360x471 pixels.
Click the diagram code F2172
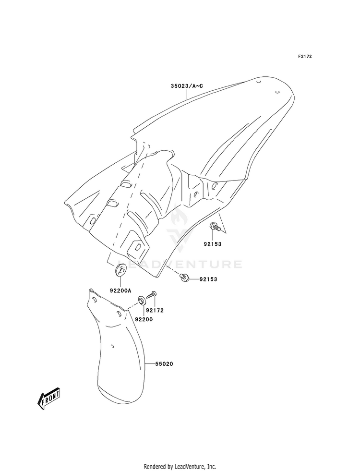304,57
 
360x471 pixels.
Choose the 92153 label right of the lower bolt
210,278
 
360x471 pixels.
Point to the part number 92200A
120,290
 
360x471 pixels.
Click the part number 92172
156,311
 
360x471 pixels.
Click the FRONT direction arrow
48,398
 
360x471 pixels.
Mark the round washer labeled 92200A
120,270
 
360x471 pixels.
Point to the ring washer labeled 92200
142,301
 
